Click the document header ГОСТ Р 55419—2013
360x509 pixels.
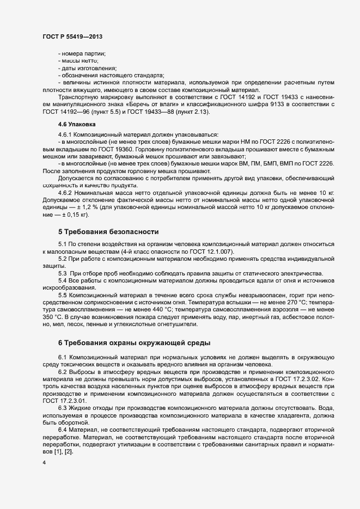[x=72, y=36]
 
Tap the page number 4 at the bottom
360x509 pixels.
[x=44, y=463]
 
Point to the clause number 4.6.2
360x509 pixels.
[x=66, y=193]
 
